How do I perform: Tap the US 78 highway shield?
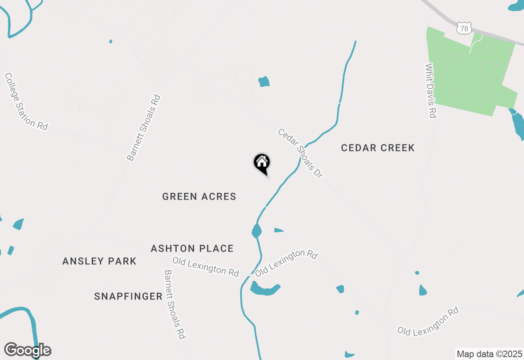click(464, 28)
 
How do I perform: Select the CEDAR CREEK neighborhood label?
click(377, 148)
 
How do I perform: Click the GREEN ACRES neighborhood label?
click(199, 196)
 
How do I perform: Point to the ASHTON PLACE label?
click(192, 248)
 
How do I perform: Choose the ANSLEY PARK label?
click(99, 261)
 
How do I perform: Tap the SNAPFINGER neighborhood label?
click(128, 296)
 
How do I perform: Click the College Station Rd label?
click(26, 102)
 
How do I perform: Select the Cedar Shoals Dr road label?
click(300, 153)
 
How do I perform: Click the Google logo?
click(27, 350)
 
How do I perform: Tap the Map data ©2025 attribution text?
click(489, 354)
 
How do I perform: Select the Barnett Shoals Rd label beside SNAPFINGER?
click(175, 304)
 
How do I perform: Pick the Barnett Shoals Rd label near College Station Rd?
click(144, 128)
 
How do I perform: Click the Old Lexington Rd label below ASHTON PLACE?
click(206, 266)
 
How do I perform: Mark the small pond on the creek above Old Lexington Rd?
click(256, 231)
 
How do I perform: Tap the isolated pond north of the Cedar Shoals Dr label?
click(264, 81)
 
